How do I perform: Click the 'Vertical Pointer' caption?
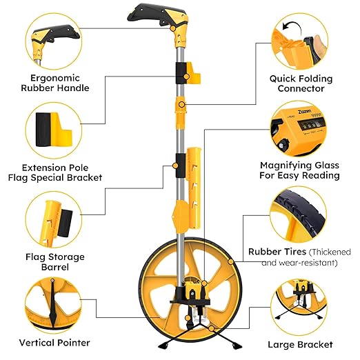[54, 342]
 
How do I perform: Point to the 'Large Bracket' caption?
[299, 343]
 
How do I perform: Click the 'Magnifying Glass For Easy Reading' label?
[299, 170]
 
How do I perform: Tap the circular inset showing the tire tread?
[301, 213]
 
